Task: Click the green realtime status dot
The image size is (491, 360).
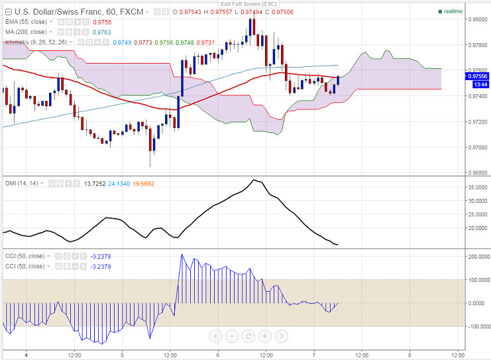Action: [440, 12]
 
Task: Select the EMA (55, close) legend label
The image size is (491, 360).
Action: [26, 22]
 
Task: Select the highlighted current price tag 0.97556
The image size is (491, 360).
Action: [478, 76]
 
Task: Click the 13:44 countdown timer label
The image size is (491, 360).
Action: [480, 85]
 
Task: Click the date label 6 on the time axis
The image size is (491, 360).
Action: [218, 354]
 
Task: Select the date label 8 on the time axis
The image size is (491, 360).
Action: [409, 354]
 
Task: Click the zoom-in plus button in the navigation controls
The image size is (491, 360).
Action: [264, 335]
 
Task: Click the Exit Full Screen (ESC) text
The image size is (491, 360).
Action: [245, 4]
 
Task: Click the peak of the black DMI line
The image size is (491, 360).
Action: [254, 179]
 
